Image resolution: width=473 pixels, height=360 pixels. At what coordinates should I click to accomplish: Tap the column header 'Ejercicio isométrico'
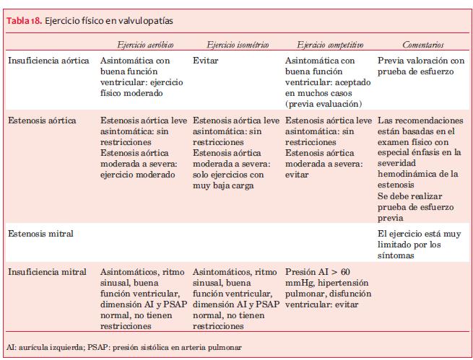tap(238, 45)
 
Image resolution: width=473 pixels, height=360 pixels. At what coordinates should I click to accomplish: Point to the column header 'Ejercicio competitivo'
tap(329, 45)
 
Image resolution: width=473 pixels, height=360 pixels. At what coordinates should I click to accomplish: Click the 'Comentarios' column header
tap(422, 45)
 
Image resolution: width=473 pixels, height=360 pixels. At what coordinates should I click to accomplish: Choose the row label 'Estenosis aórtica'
tap(40, 120)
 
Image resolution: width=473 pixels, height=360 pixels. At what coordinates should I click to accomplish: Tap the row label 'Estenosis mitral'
tap(39, 234)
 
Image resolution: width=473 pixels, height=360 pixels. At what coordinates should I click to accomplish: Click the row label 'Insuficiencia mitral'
tap(46, 272)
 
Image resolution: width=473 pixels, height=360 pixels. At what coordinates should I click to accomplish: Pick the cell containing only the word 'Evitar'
tap(206, 61)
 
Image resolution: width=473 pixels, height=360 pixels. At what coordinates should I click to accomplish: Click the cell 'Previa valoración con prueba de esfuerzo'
tap(421, 66)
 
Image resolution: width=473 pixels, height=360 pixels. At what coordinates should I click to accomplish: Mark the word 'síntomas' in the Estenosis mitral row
tap(395, 255)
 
